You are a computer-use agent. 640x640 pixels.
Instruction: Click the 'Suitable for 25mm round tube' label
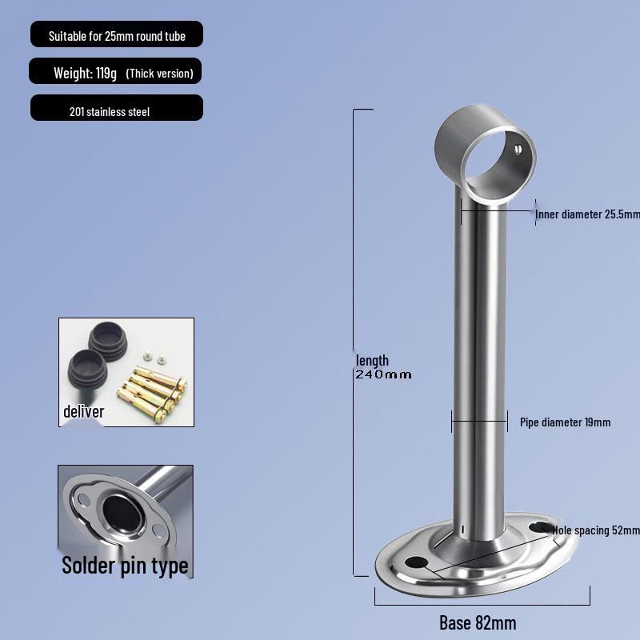(x=116, y=36)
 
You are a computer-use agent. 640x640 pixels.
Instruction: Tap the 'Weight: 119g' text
(x=85, y=74)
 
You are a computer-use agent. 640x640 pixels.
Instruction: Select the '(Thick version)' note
(x=159, y=74)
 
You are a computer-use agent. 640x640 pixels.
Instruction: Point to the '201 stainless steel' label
(x=110, y=112)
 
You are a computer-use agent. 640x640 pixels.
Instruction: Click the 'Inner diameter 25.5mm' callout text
(x=588, y=214)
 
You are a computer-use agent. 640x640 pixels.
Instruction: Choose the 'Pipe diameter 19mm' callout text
(x=565, y=422)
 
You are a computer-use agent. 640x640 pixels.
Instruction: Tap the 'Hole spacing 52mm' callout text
(x=596, y=530)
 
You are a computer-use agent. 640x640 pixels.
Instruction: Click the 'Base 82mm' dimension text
(x=478, y=622)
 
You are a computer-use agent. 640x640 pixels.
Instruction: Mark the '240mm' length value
(x=383, y=374)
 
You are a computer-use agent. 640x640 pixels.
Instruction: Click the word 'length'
(x=372, y=361)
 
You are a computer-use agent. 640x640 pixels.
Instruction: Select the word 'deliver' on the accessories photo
(x=84, y=412)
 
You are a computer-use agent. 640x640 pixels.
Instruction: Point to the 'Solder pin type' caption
(x=125, y=566)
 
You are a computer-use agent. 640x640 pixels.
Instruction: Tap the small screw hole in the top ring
(x=518, y=150)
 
